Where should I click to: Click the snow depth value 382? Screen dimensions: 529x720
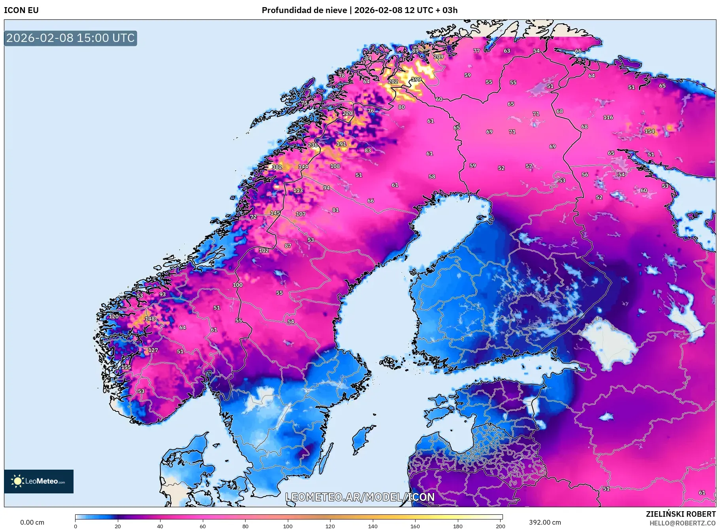[277, 167]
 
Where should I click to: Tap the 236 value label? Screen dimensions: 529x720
[313, 145]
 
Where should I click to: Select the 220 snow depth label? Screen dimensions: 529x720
[347, 113]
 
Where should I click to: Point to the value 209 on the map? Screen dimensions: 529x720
[438, 57]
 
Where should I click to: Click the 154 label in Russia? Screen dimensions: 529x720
[649, 131]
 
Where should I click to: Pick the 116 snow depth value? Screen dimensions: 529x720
[608, 117]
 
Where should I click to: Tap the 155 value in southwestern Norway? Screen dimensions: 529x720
[126, 367]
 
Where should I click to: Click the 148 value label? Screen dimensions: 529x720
[149, 319]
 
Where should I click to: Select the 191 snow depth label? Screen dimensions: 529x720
[341, 144]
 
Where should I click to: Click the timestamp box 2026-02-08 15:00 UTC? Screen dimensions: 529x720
[70, 38]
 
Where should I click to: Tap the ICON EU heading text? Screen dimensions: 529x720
[21, 10]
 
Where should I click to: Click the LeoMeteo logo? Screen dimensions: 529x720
[38, 481]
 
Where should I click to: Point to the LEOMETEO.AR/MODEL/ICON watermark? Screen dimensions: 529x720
[360, 497]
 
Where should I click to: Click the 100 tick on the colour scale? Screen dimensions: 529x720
[288, 526]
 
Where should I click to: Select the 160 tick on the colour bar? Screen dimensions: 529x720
[415, 526]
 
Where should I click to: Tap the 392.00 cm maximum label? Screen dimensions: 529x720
[544, 522]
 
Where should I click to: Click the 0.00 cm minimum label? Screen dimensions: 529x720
[32, 522]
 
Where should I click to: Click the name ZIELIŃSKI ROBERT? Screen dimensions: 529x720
[680, 514]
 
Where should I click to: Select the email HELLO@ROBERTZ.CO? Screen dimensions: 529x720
[682, 523]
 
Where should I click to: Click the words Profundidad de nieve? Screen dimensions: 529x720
[304, 10]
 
